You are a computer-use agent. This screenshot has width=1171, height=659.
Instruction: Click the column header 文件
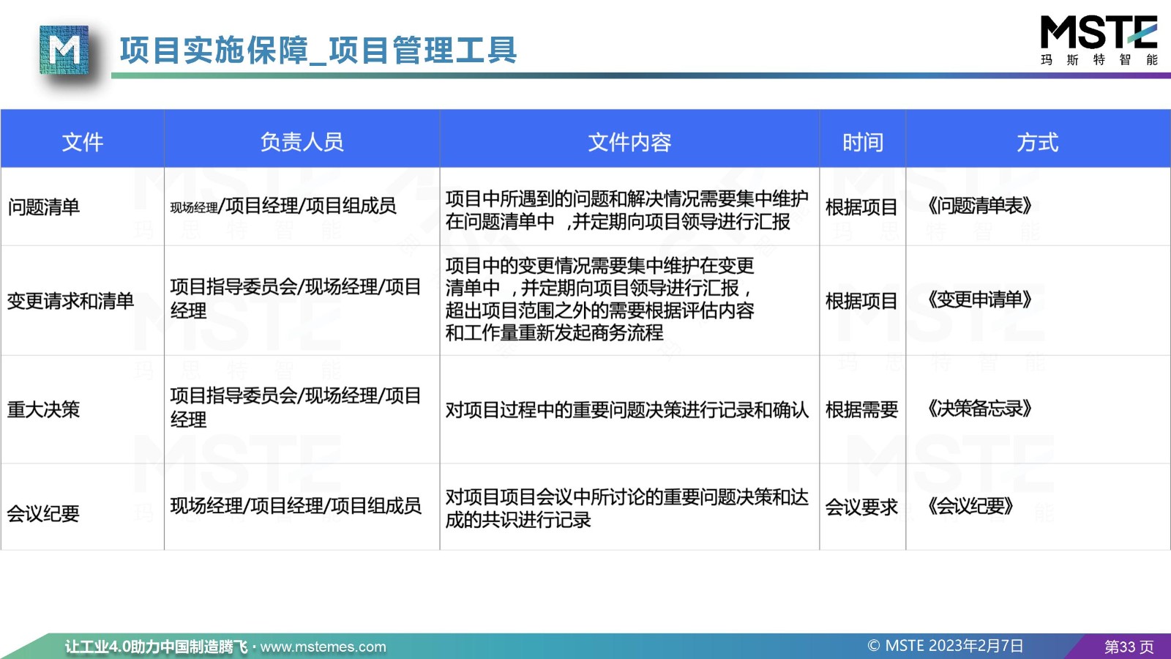point(82,142)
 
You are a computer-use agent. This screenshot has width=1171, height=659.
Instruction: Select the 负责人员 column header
point(302,142)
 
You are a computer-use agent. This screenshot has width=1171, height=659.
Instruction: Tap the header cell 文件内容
point(629,142)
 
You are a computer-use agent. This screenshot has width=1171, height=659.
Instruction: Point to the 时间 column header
point(863,142)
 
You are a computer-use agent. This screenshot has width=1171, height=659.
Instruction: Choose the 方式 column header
point(1038,142)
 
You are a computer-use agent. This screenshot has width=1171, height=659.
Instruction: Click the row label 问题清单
point(43,207)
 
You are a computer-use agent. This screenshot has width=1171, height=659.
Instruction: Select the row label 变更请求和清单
point(70,301)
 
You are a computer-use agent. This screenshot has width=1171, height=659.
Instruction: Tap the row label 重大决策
point(43,409)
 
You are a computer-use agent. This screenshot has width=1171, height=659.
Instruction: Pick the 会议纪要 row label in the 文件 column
point(43,513)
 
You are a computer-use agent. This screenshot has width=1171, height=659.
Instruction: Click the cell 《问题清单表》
point(980,206)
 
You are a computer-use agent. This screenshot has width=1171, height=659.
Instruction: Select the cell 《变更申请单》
point(980,299)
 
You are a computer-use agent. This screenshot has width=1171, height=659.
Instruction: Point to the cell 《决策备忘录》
point(980,409)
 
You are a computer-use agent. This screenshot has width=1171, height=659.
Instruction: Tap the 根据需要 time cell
point(861,409)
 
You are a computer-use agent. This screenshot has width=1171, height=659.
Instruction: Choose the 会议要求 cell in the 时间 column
point(861,507)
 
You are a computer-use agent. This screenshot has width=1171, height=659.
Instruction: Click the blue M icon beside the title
point(64,51)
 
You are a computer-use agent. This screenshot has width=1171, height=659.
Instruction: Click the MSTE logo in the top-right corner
point(1099,40)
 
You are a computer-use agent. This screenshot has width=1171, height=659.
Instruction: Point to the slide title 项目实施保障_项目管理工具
point(318,51)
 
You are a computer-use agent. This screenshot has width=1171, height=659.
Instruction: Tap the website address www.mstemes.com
point(323,647)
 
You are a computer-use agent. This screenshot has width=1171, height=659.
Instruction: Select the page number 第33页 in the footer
point(1129,647)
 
